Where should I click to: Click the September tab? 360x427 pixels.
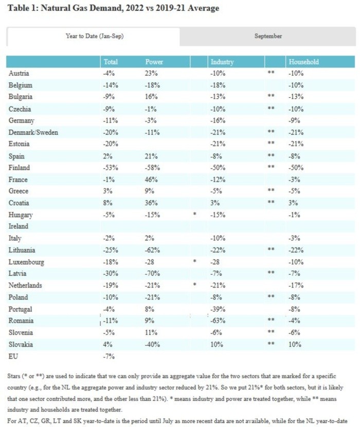pos(268,36)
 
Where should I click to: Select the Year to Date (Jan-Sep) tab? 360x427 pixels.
pos(94,36)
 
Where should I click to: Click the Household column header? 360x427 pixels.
pos(303,62)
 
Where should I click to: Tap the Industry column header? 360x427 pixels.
pos(222,62)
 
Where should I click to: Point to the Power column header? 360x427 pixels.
pos(154,62)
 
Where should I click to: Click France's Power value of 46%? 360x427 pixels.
pos(151,180)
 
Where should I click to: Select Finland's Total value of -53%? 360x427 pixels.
pos(111,168)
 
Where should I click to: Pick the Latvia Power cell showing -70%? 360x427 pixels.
pos(152,273)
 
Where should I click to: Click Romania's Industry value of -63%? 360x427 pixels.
pos(218,321)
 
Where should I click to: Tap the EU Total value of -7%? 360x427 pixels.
pos(109,356)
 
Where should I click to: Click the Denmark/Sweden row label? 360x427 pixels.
pos(33,132)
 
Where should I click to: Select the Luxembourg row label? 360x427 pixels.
pos(26,262)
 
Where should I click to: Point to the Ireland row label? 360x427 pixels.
pos(18,226)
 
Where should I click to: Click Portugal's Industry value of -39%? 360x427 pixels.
pos(218,309)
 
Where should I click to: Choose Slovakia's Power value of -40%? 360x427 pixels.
pos(152,344)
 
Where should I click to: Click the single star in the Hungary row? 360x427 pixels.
pos(195,214)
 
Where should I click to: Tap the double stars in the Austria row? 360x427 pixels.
pos(271,73)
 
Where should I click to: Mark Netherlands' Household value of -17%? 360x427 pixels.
pos(296,285)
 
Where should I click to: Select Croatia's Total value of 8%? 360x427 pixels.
pos(107,203)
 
